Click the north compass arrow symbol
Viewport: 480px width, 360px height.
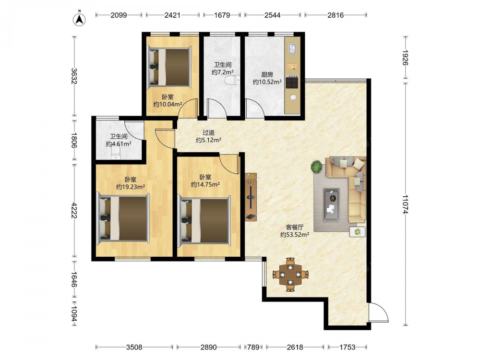[x=79, y=19]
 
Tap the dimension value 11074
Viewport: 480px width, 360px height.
[x=406, y=204]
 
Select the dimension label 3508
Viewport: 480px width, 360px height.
[x=134, y=347]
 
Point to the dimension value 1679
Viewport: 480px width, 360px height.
[x=222, y=15]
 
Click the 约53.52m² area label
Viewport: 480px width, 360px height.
[x=295, y=235]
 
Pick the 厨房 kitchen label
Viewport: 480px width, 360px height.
[x=267, y=74]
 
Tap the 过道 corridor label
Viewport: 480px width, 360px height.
[x=208, y=132]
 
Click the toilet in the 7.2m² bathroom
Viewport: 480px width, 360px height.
[x=232, y=80]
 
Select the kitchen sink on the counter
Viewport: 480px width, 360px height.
[x=292, y=48]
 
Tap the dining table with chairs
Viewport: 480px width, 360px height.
[x=290, y=275]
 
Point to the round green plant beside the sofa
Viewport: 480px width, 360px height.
[x=316, y=167]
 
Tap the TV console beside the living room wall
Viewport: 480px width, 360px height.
[x=251, y=197]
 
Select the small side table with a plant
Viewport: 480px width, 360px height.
[x=358, y=232]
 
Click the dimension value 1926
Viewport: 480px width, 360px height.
[x=406, y=58]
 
